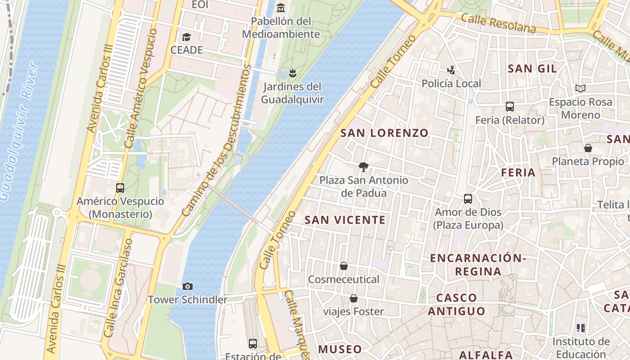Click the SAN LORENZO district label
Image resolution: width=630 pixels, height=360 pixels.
pos(384,133)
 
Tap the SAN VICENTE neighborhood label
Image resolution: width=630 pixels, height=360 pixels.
pos(345,220)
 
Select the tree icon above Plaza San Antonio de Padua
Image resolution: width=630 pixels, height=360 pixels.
pos(363,167)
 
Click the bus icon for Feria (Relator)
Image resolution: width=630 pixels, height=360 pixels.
pos(509,107)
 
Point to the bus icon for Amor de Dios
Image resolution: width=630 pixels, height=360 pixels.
pos(468,199)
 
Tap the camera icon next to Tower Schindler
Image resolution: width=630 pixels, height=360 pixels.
pos(188,286)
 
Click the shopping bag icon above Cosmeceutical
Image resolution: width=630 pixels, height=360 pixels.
pos(344,266)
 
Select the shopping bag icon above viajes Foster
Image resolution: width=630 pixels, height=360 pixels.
pos(354,298)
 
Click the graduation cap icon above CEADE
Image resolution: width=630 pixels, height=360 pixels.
pos(186,37)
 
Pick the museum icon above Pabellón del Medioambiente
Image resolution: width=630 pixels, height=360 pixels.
pos(281,8)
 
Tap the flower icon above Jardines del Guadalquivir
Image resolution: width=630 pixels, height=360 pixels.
pos(292,73)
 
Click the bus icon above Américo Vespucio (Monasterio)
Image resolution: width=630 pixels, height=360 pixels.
pos(120,188)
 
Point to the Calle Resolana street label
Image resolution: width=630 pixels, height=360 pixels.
pos(499,23)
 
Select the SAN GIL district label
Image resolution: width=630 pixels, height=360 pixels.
pos(532,69)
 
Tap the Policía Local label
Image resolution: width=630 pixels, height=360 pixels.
pos(451,83)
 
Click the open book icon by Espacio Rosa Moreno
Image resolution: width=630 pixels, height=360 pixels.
pos(580,89)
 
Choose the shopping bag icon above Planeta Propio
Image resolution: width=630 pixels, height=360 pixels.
pos(588,148)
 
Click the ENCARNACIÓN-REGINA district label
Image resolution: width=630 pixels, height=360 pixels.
pos(477,265)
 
